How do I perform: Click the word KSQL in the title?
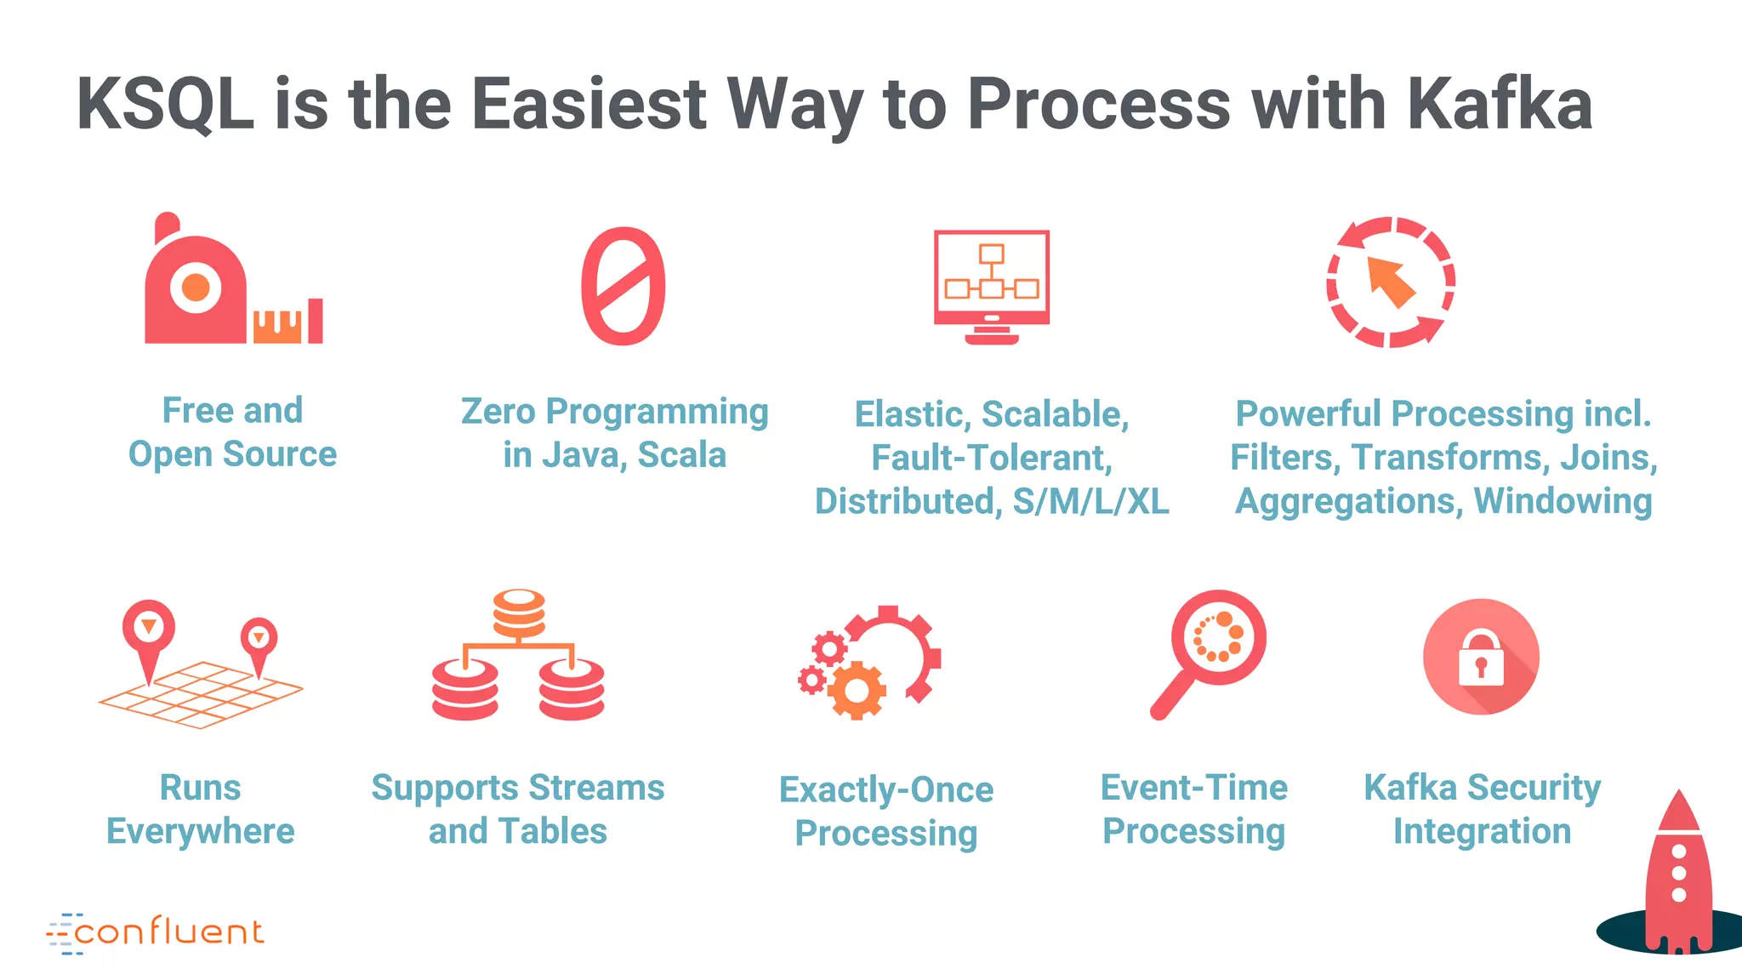pos(165,105)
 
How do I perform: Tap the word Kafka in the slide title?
pos(1499,105)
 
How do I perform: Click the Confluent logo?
pos(156,933)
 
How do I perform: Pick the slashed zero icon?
pos(623,286)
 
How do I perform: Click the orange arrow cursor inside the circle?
pos(1390,282)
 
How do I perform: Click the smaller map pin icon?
pos(259,641)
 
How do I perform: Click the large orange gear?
pos(857,690)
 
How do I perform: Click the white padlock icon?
pos(1481,658)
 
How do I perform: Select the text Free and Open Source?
pos(232,432)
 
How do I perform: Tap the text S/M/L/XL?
pos(1090,502)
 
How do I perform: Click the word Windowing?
pos(1563,501)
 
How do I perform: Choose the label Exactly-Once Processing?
pos(885,811)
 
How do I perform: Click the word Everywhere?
pos(200,831)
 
